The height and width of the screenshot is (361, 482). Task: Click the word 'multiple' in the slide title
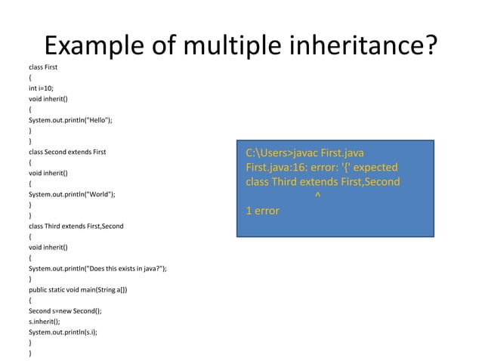pyautogui.click(x=217, y=47)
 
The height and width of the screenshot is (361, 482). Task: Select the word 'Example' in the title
pyautogui.click(x=92, y=47)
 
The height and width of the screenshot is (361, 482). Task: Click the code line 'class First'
pyautogui.click(x=43, y=67)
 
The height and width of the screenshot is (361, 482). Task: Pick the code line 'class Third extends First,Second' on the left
pyautogui.click(x=76, y=226)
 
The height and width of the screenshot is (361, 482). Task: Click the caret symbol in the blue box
pyautogui.click(x=316, y=197)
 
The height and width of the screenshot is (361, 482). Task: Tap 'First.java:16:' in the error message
pyautogui.click(x=278, y=168)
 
